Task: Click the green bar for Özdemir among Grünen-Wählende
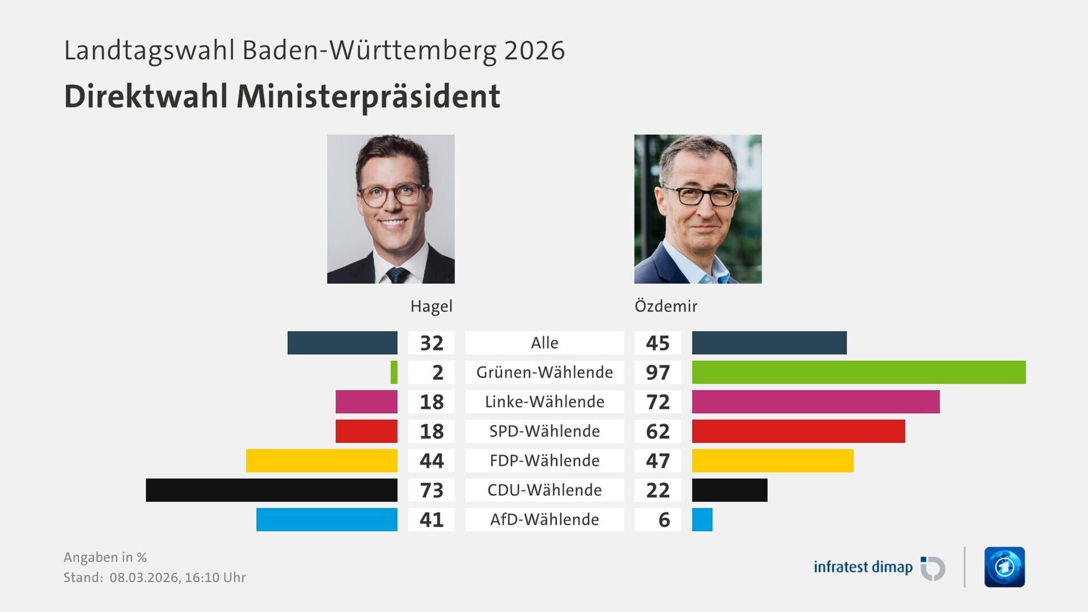click(x=858, y=372)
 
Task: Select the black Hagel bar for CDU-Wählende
click(x=271, y=490)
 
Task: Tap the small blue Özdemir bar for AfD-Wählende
click(x=702, y=520)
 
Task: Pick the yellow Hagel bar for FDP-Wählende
click(x=321, y=461)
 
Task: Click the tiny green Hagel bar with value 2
click(x=394, y=372)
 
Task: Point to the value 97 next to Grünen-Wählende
click(x=657, y=372)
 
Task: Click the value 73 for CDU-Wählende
click(x=431, y=490)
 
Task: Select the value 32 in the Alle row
click(x=431, y=343)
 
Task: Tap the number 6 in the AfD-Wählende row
click(x=664, y=520)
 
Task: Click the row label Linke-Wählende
click(x=545, y=402)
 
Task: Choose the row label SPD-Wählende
click(x=545, y=431)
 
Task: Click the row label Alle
click(x=545, y=343)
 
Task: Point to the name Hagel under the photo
click(x=431, y=307)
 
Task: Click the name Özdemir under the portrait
click(x=666, y=307)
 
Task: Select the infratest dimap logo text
click(x=862, y=567)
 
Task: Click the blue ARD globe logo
click(x=1004, y=567)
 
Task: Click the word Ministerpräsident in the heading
click(x=368, y=96)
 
